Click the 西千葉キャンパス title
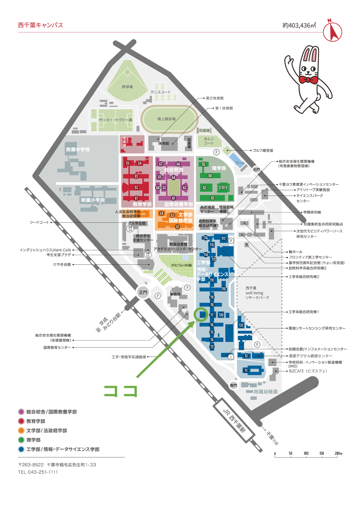pyautogui.click(x=40, y=25)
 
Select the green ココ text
pyautogui.click(x=120, y=391)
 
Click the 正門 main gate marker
pyautogui.click(x=143, y=292)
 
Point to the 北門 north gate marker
pyautogui.click(x=256, y=169)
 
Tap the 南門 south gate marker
pyautogui.click(x=233, y=385)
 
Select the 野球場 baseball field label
pyautogui.click(x=127, y=87)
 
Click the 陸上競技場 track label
pyautogui.click(x=166, y=119)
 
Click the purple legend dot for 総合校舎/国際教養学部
pyautogui.click(x=21, y=412)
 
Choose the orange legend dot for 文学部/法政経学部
pyautogui.click(x=21, y=430)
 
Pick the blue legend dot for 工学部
pyautogui.click(x=21, y=449)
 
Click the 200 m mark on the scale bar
pyautogui.click(x=338, y=454)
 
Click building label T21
pyautogui.click(x=241, y=325)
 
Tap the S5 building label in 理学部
pyautogui.click(x=203, y=164)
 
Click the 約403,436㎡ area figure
pyautogui.click(x=299, y=25)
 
